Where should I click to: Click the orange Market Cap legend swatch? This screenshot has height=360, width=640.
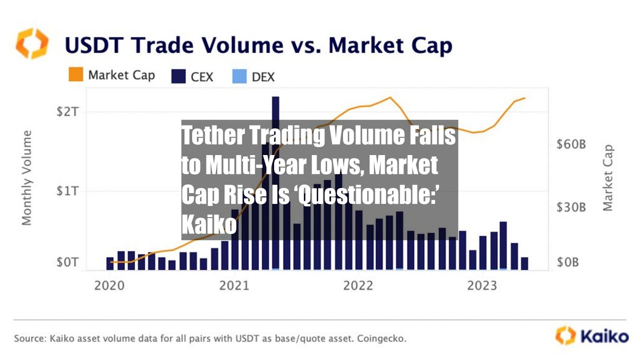tap(75, 75)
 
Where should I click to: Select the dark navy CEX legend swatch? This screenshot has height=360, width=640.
tap(178, 76)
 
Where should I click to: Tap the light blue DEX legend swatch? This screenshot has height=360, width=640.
tap(239, 76)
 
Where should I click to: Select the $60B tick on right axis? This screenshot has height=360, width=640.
tap(571, 145)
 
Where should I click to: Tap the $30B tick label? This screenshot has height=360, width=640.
tap(571, 207)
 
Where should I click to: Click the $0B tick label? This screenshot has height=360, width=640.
tap(568, 262)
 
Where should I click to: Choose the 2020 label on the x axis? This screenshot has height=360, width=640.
tap(110, 285)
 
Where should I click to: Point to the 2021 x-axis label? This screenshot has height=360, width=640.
tap(234, 285)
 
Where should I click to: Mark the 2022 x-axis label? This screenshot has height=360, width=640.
tap(358, 285)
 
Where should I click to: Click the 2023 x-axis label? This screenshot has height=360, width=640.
tap(482, 285)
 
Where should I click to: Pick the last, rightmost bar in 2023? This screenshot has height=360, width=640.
tap(524, 263)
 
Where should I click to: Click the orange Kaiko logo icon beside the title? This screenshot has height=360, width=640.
tap(32, 44)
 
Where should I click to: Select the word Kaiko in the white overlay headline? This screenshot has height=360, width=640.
tap(208, 225)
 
